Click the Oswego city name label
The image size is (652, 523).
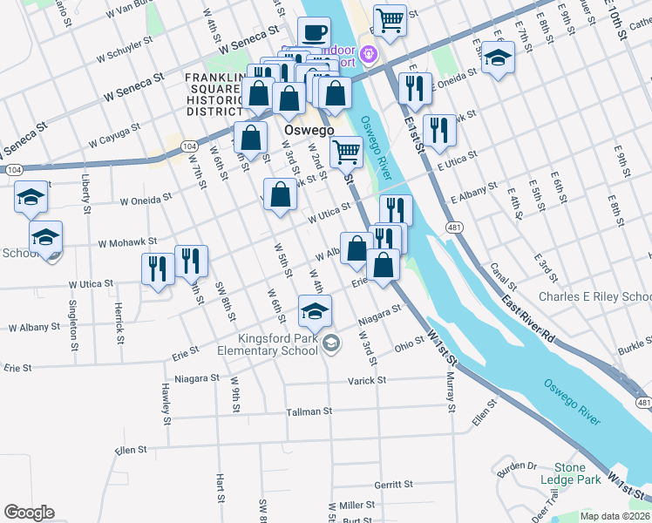tap(309, 131)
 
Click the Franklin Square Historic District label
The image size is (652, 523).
tap(214, 95)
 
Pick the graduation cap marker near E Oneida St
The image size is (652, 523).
tap(498, 58)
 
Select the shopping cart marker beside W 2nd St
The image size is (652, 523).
tap(347, 152)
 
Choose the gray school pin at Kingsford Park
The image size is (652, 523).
tap(330, 344)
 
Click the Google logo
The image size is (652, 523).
tap(29, 513)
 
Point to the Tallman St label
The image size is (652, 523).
tap(309, 411)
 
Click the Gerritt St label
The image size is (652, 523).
tap(392, 485)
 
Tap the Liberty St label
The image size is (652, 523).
tap(85, 197)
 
